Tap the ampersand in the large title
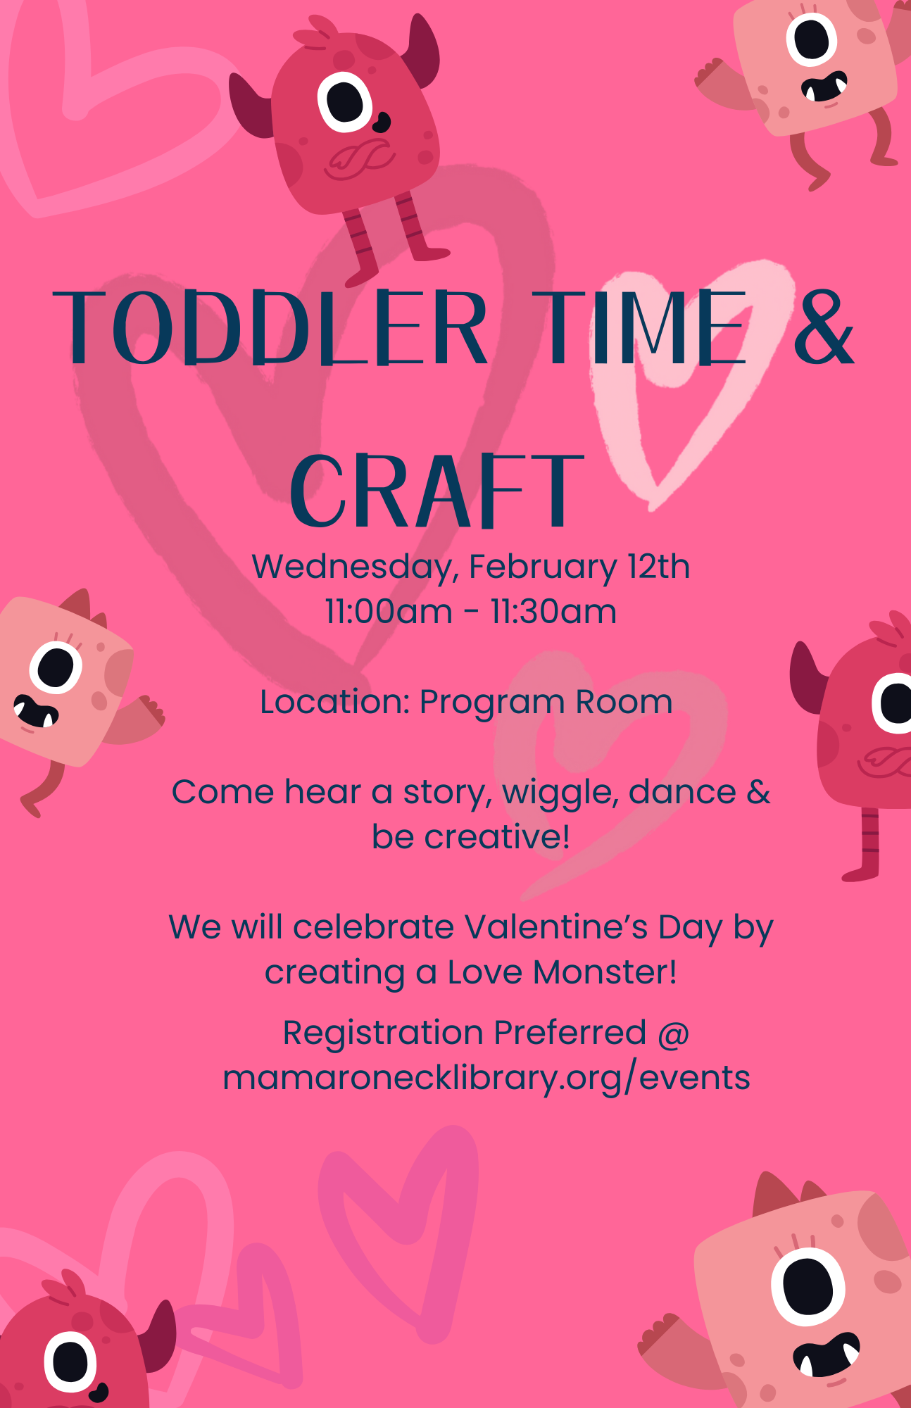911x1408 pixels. point(823,327)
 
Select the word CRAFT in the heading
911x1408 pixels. point(436,491)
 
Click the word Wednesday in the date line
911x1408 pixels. point(356,567)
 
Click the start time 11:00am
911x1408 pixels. point(389,611)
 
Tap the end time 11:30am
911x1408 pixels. point(554,611)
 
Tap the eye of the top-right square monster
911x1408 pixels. point(812,40)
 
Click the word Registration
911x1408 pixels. point(384,1033)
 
